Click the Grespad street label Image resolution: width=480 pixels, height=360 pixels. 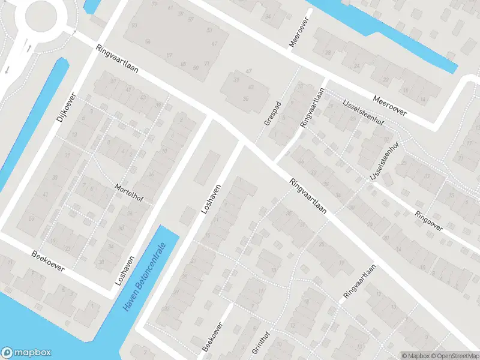pos(272,112)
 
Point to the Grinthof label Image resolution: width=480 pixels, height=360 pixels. pos(265,343)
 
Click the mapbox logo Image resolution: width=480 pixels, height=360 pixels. pos(26,353)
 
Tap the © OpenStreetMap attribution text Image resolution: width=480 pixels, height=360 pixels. pos(454,355)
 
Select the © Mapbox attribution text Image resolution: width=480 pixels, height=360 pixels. pos(416,355)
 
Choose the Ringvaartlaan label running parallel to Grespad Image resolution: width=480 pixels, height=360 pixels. pos(312,107)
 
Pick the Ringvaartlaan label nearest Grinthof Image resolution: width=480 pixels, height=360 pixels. pos(359,283)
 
